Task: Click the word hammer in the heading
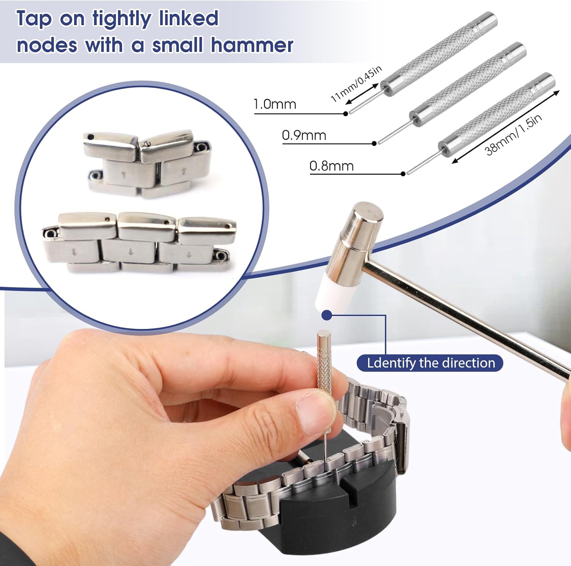252,45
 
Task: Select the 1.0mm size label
275,104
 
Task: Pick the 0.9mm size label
304,135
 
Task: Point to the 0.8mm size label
332,166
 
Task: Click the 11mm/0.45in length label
356,84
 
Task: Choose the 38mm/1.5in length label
513,135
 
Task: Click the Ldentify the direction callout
430,363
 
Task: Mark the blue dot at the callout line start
327,315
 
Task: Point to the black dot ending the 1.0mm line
346,113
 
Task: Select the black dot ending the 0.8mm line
403,174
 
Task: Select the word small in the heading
177,45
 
